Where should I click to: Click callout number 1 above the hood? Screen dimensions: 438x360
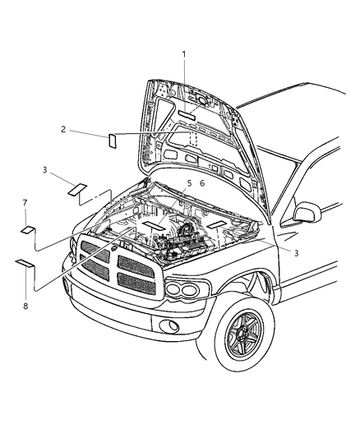coord(184,54)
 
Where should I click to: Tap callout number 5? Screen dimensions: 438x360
coord(188,183)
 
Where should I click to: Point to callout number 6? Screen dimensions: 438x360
coord(204,183)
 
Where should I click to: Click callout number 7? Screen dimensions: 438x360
coord(25,202)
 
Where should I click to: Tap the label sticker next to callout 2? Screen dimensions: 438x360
coord(113,139)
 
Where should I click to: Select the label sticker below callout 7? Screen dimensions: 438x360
coord(27,230)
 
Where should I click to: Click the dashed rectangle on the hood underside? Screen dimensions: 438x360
coord(191,137)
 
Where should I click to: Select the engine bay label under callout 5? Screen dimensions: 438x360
coord(153,224)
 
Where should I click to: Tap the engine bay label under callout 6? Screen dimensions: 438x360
coord(217,222)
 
